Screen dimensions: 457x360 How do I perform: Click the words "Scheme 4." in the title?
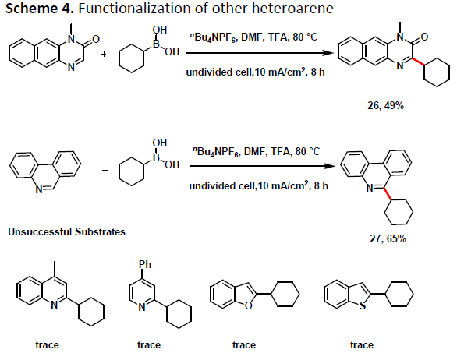coord(39,8)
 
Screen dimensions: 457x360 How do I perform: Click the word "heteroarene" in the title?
coord(292,8)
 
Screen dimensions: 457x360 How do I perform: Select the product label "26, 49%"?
coord(385,105)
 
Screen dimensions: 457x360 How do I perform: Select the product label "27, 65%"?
coord(388,239)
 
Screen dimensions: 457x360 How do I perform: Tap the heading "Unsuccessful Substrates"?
coord(67,232)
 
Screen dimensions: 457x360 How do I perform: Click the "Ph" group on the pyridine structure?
coord(145,264)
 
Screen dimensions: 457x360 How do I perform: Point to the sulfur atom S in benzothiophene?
coord(363,305)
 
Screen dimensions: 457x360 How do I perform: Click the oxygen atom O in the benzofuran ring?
coord(248,305)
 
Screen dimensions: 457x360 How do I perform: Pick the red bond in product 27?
coord(388,194)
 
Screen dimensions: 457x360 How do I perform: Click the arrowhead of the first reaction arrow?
coord(329,53)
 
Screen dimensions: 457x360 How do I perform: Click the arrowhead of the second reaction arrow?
coord(331,166)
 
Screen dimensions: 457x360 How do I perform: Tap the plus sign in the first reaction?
coord(104,55)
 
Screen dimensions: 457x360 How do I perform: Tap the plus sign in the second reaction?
coord(105,170)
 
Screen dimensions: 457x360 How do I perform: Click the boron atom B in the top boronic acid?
coord(157,44)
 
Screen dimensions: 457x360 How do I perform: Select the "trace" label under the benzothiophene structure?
coord(362,345)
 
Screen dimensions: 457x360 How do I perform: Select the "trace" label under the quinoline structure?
coord(48,345)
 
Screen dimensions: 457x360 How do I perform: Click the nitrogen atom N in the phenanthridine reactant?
coord(39,190)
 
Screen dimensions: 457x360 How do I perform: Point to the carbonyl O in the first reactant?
coord(96,39)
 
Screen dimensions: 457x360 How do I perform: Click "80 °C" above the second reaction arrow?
coord(308,151)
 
